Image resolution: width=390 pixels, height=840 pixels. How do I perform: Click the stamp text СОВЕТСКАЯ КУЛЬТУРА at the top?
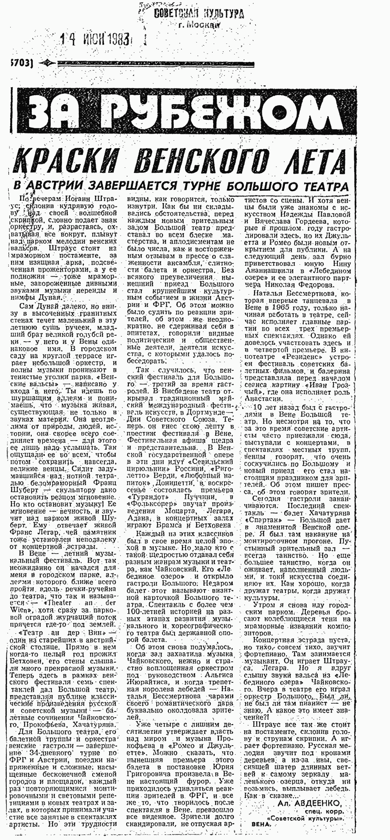[x=198, y=14]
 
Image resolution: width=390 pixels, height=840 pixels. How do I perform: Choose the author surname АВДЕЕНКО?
[x=319, y=810]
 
